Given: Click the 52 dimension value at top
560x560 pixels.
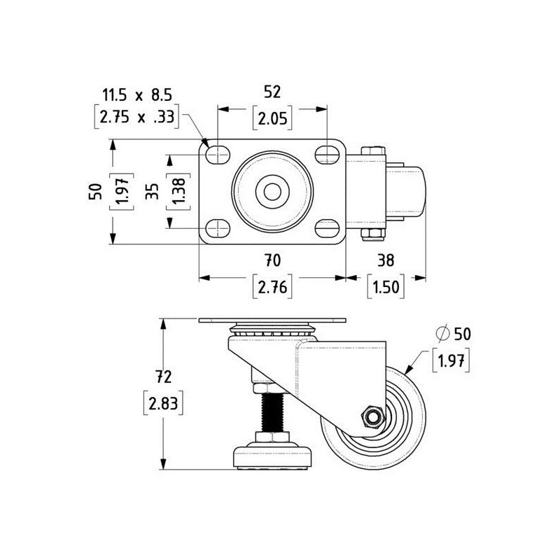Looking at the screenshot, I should [272, 91].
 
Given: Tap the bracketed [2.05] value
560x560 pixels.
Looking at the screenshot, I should [272, 118].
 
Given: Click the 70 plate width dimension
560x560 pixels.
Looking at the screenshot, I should [272, 260].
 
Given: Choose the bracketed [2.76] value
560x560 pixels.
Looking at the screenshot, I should [272, 287].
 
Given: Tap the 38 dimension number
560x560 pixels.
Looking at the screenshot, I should [386, 260].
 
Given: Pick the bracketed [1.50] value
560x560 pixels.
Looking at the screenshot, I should [386, 287].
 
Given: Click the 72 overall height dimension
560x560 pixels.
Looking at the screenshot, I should [163, 377].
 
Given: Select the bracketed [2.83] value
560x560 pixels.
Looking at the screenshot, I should [163, 404].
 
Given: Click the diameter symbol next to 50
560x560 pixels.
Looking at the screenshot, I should [442, 334].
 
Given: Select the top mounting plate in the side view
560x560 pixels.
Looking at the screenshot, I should [272, 321].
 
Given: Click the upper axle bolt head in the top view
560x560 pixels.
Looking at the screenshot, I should [372, 150].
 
